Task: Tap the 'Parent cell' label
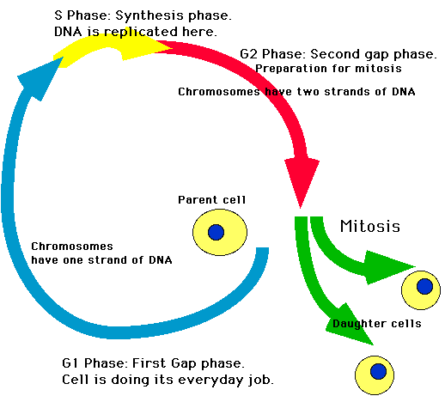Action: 211,200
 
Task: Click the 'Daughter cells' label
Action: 376,324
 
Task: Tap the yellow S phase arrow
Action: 103,52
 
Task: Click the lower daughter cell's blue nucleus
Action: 377,371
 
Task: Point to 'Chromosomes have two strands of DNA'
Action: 296,91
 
